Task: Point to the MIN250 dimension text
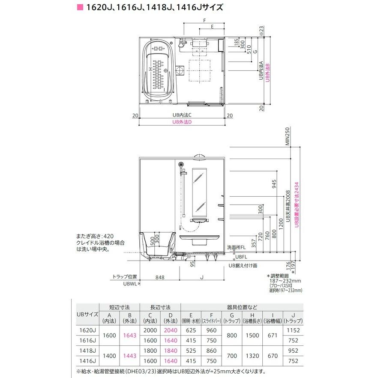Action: pos(288,137)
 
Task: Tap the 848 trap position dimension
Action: pos(160,277)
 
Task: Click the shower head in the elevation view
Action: pos(181,165)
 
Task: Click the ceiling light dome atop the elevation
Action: pos(200,157)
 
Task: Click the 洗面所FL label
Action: pos(237,247)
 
